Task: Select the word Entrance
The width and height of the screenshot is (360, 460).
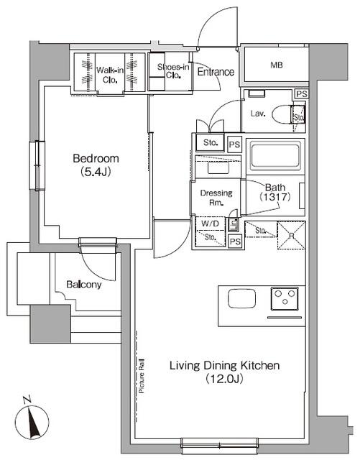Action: (216, 72)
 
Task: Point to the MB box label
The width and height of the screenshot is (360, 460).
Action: (276, 65)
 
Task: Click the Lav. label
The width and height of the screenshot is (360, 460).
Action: (259, 113)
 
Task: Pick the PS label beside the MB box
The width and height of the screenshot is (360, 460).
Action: (301, 94)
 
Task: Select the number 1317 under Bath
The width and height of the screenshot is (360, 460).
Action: (276, 197)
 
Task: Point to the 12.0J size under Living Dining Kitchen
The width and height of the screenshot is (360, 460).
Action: (224, 378)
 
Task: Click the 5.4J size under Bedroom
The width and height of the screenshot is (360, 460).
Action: (95, 172)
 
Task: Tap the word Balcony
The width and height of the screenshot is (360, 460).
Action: (84, 284)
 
